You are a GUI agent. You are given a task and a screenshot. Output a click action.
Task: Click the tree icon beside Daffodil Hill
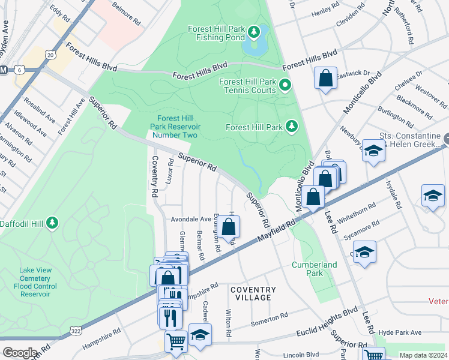(x=53, y=223)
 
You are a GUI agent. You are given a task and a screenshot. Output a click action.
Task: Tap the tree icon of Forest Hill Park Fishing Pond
(x=254, y=31)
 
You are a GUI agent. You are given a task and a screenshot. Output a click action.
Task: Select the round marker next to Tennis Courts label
(x=285, y=85)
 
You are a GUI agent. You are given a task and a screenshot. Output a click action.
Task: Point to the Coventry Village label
(x=253, y=293)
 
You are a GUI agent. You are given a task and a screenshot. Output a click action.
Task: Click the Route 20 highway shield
(x=50, y=55)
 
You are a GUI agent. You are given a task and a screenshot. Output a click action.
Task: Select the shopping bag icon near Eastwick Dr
(x=325, y=78)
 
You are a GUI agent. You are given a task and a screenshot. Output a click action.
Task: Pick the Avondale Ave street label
(x=191, y=219)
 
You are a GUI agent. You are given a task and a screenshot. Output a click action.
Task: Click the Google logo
(x=19, y=353)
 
